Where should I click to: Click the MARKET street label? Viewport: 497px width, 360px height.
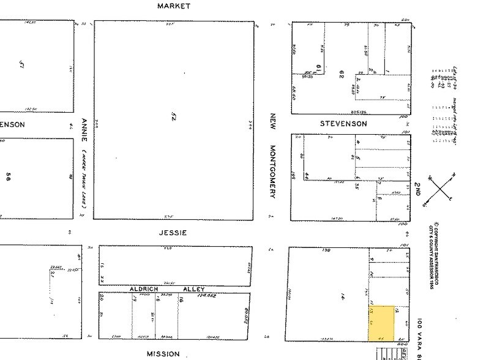174,6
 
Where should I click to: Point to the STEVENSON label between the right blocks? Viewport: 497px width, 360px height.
344,124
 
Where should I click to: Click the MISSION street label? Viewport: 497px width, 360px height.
163,354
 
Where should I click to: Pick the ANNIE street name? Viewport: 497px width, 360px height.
84,130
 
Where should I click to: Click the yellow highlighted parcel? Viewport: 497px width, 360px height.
381,323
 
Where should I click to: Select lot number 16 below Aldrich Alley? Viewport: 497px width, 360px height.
182,301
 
